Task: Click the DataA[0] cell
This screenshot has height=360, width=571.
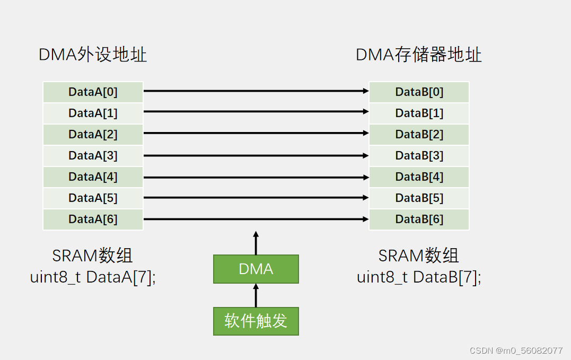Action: [x=93, y=92]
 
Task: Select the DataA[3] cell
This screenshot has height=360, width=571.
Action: [x=93, y=155]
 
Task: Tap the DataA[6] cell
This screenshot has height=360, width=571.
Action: [x=93, y=219]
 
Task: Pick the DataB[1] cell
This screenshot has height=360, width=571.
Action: [x=419, y=113]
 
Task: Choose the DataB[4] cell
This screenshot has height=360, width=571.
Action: [x=419, y=177]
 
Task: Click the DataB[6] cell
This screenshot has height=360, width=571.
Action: [x=419, y=219]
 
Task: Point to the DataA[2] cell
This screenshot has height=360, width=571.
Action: [x=93, y=134]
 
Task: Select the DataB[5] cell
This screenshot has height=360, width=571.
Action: [x=419, y=198]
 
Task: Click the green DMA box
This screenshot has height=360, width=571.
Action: [x=256, y=269]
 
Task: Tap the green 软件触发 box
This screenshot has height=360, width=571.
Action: [x=256, y=321]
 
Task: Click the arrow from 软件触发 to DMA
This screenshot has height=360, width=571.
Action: [x=256, y=295]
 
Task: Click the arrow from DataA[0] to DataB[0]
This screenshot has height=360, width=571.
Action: [x=256, y=91]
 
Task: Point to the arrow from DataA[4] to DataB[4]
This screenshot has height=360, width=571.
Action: [x=256, y=177]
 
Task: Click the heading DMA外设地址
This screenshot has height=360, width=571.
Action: [x=93, y=55]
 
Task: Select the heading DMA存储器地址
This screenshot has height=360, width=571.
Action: [x=419, y=55]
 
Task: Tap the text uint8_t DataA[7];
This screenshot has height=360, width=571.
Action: [x=93, y=277]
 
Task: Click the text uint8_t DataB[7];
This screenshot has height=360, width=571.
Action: [x=419, y=277]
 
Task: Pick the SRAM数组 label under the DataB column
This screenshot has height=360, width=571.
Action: [x=419, y=256]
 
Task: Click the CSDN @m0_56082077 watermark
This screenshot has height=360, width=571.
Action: [x=516, y=350]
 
